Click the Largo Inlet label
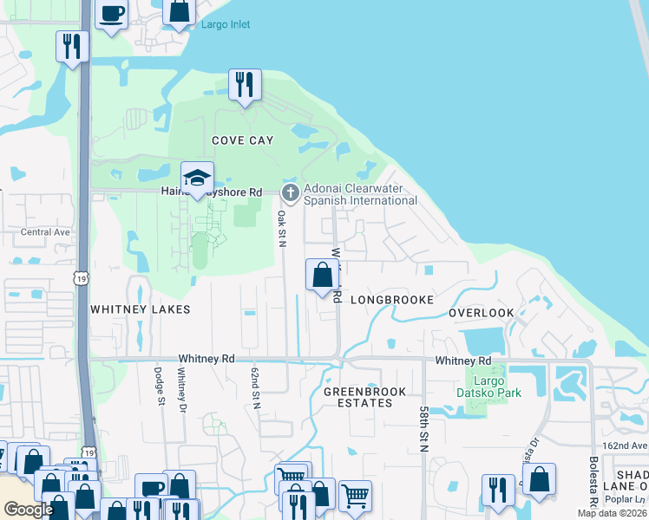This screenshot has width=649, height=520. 225,24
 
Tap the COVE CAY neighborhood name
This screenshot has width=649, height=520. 243,140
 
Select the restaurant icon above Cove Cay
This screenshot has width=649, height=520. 246,85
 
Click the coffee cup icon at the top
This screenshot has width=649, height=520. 112,13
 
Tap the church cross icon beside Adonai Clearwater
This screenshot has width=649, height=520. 291,192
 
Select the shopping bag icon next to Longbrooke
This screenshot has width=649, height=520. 322,275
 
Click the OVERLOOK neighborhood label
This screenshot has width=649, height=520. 482,312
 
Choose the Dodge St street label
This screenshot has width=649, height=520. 160,387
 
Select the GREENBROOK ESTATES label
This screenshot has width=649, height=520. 364,397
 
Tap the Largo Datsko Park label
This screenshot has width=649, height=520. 489,386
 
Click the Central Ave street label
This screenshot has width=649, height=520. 45,232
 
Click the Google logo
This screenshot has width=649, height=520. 29,510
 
